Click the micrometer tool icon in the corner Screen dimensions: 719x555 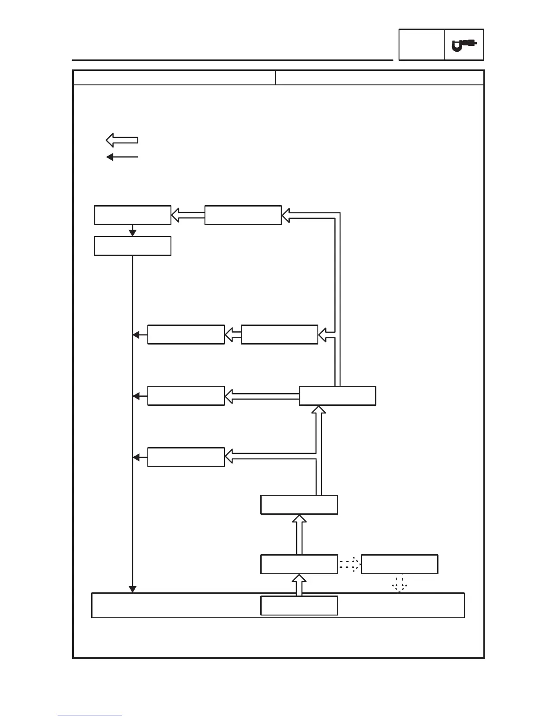(464, 45)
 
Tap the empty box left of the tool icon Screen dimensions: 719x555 (421, 45)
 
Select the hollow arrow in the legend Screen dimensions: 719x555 (122, 140)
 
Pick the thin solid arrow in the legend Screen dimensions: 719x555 (122, 157)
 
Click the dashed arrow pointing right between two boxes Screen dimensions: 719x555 (350, 564)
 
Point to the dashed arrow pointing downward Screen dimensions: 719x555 (399, 585)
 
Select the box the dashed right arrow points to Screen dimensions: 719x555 (399, 564)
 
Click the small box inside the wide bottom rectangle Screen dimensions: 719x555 (299, 606)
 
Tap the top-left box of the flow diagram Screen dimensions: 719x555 (132, 215)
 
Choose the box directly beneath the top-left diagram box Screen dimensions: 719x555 (132, 246)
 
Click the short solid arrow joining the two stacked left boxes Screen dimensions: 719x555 (132, 231)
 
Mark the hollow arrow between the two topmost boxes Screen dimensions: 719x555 (188, 215)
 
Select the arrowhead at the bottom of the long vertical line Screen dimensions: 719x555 (132, 589)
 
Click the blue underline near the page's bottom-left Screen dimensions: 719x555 (90, 715)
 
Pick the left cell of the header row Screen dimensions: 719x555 (175, 78)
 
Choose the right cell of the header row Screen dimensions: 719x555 (380, 78)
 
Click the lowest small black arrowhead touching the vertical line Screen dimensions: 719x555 (136, 458)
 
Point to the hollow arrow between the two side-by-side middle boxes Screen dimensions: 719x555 (233, 335)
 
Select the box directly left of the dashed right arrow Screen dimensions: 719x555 (299, 564)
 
